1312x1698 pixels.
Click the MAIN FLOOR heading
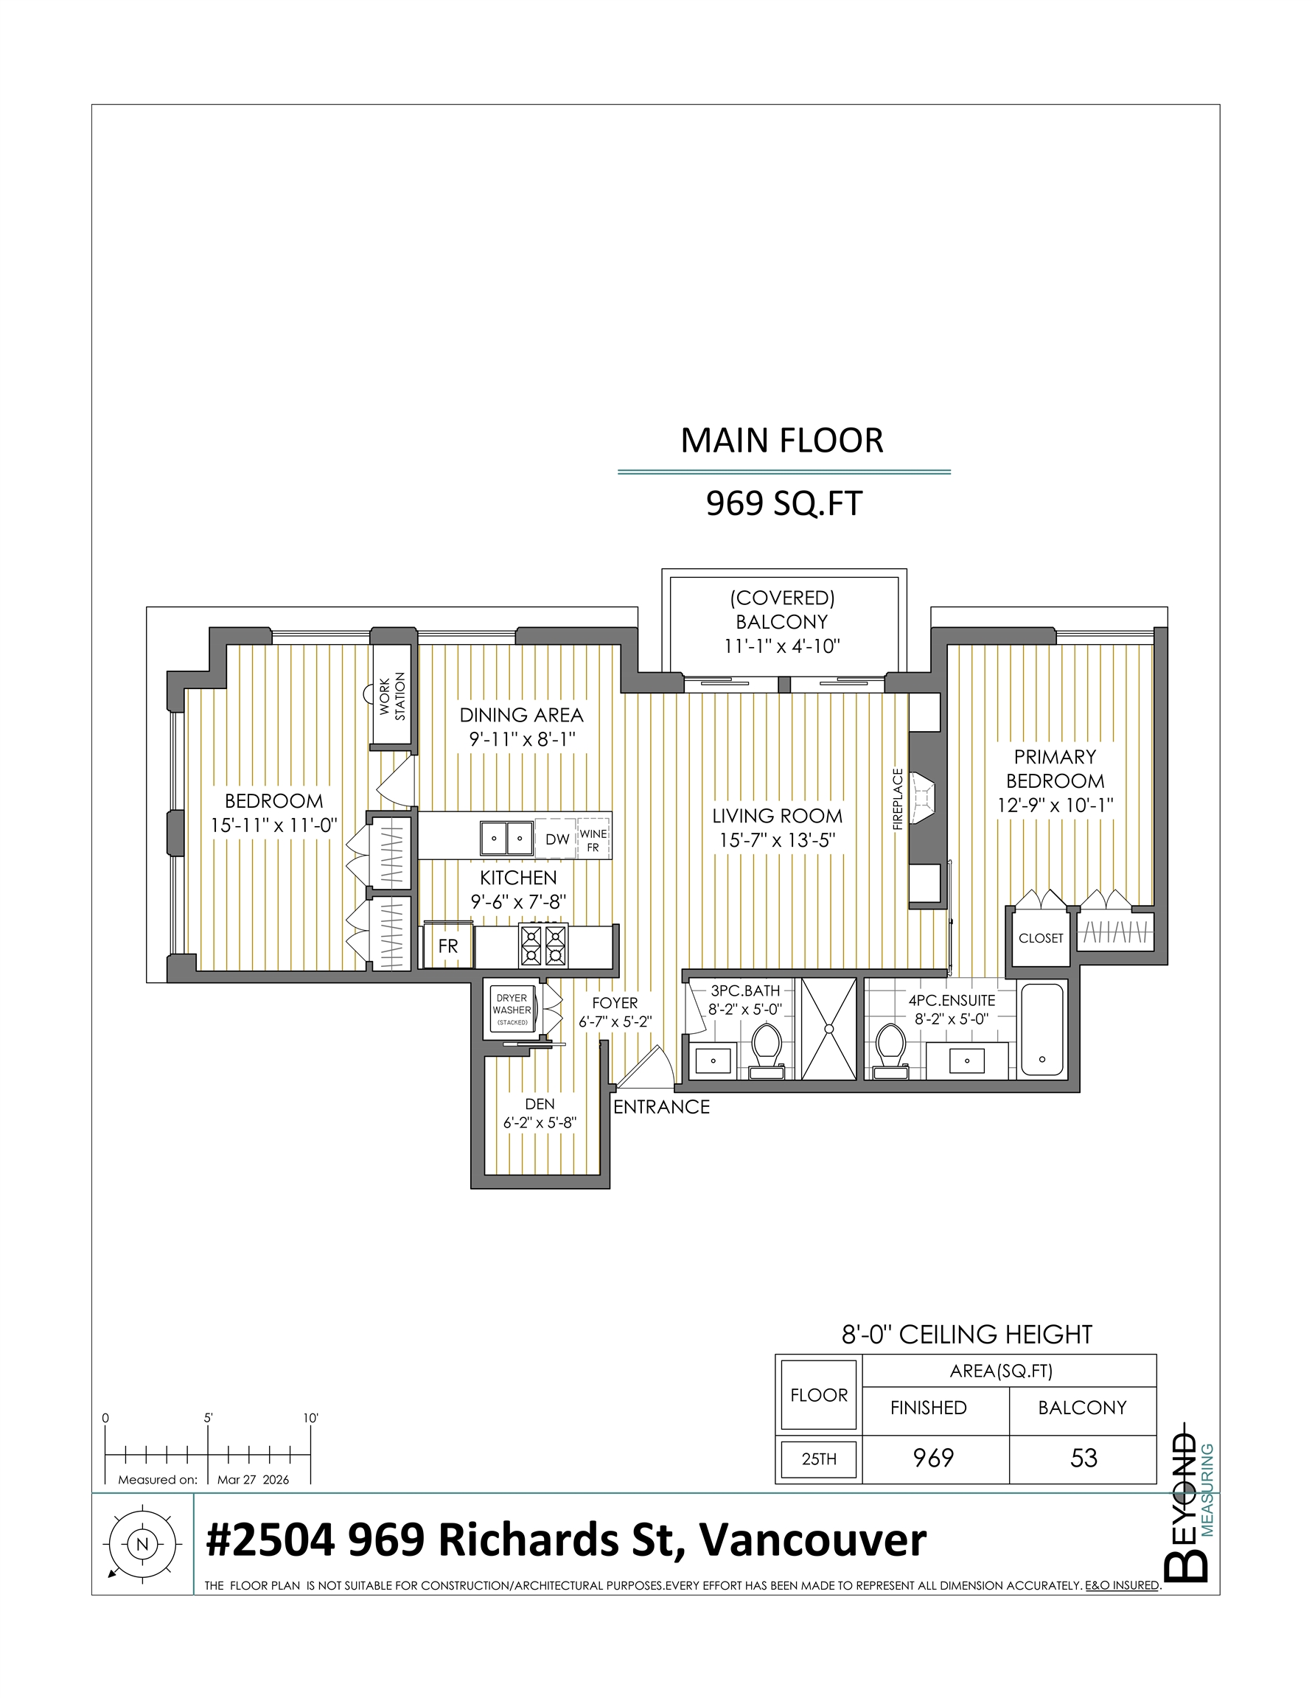click(x=781, y=441)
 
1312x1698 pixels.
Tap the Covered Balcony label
click(x=782, y=622)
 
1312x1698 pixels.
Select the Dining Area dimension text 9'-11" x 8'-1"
click(x=522, y=738)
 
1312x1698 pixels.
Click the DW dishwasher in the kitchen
click(x=556, y=838)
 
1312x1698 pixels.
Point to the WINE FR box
click(x=593, y=839)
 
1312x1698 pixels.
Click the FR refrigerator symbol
click(x=448, y=946)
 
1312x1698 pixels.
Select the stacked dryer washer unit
click(x=512, y=1010)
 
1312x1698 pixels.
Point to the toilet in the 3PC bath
click(x=766, y=1050)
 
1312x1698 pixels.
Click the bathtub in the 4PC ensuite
click(x=1041, y=1030)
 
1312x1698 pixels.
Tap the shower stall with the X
click(x=829, y=1030)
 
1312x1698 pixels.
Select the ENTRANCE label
click(x=662, y=1106)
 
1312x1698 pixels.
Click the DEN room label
click(x=540, y=1104)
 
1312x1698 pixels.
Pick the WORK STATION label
click(x=393, y=696)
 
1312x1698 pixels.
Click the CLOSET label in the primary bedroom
click(x=1041, y=938)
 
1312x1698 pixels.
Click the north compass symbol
click(x=142, y=1544)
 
